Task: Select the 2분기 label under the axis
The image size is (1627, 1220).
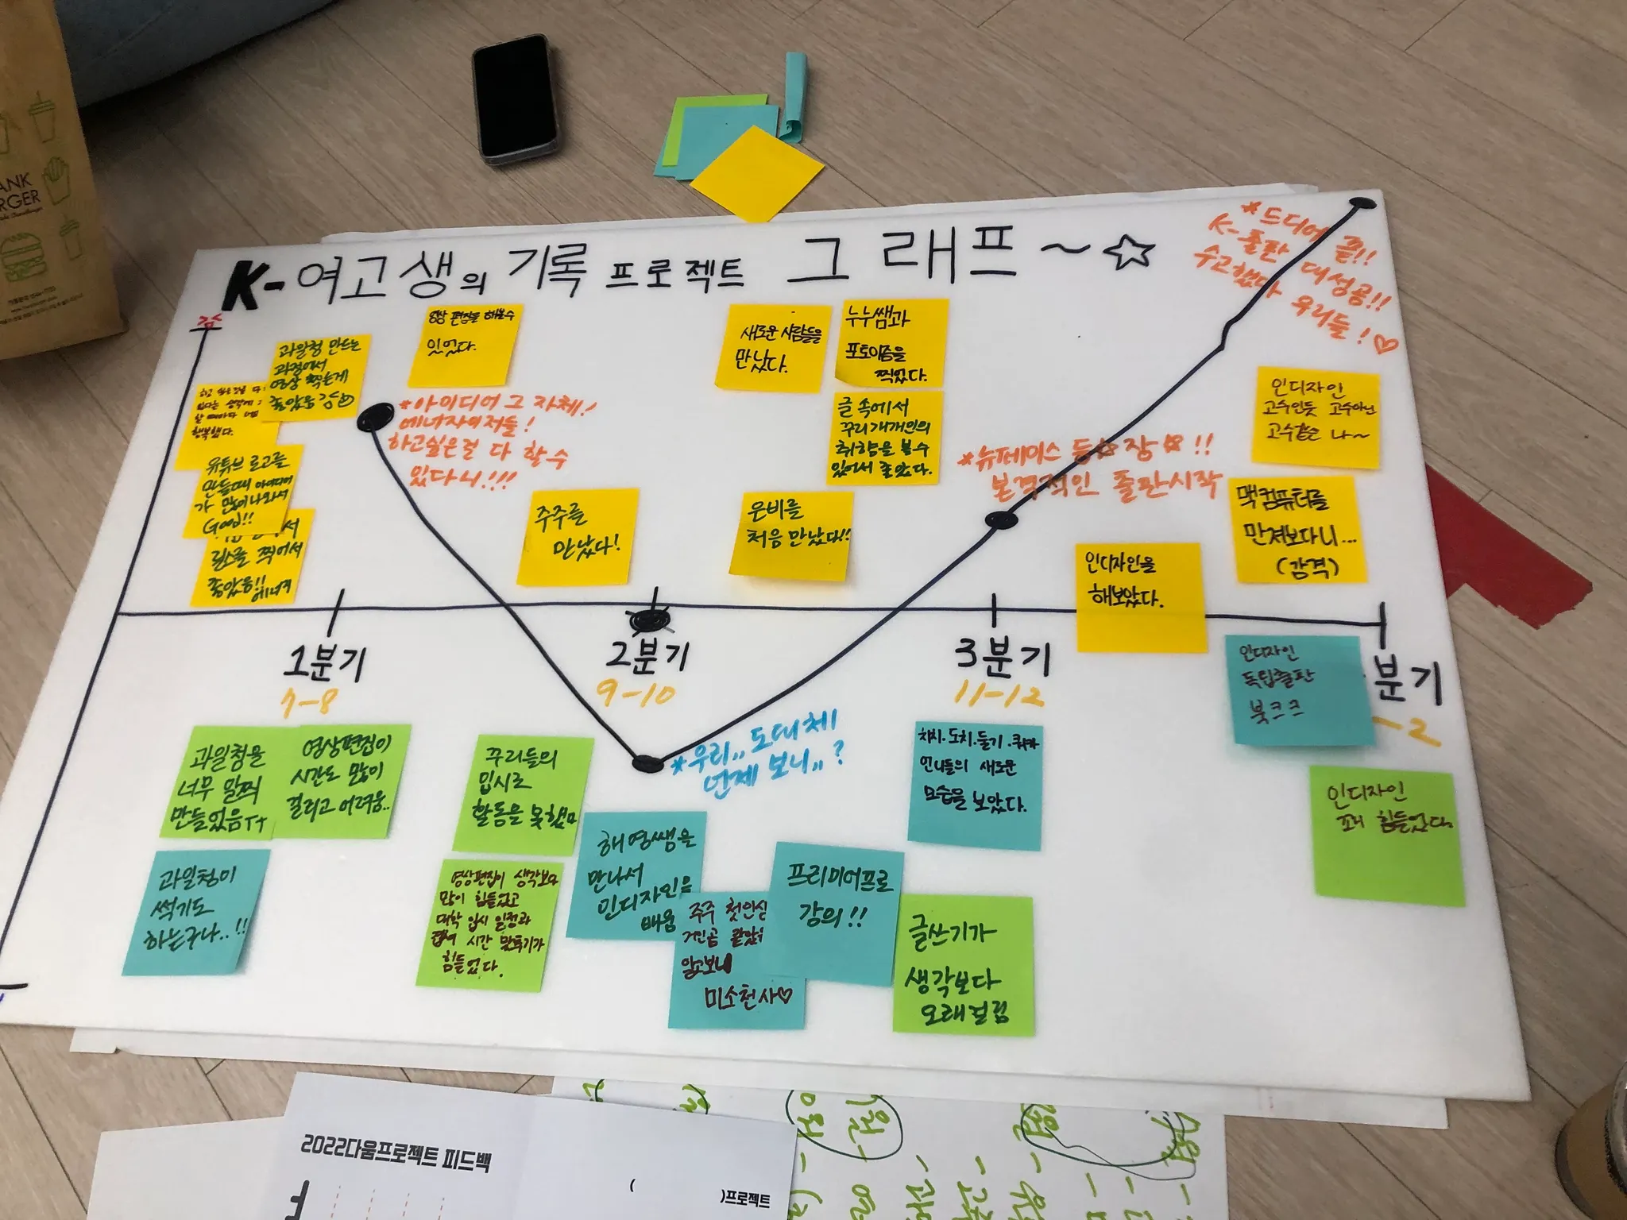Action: coord(647,655)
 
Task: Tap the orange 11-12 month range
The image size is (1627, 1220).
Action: coord(999,697)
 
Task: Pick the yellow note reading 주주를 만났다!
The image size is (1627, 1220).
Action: coord(578,537)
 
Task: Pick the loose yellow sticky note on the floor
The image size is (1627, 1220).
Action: coord(757,172)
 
